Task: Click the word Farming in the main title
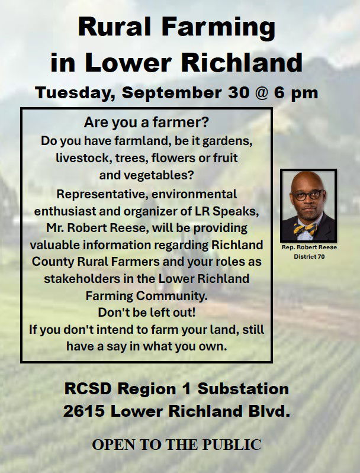(x=218, y=28)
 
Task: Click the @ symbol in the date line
(x=262, y=92)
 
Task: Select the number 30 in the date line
(x=239, y=92)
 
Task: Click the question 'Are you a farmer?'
(x=146, y=123)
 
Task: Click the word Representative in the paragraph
(x=102, y=194)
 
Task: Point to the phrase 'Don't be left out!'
(x=147, y=313)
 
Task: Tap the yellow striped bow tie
(x=306, y=229)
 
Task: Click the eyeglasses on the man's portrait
(x=308, y=195)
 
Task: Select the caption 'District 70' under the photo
(x=309, y=257)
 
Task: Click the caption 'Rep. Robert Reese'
(x=309, y=247)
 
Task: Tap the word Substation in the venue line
(x=243, y=388)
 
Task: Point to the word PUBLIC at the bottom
(x=232, y=445)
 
